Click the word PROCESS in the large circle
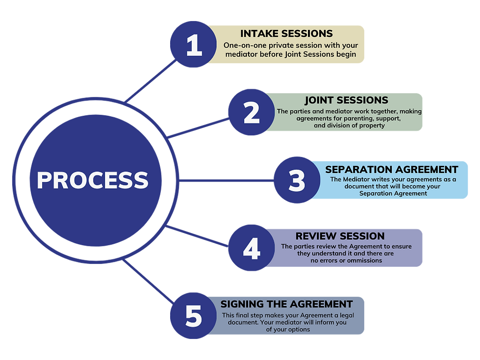[x=93, y=180]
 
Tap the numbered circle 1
[x=193, y=45]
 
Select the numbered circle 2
[x=251, y=112]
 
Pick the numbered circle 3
[x=297, y=180]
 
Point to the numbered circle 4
[x=251, y=248]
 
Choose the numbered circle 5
[x=193, y=316]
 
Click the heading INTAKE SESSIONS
[x=286, y=34]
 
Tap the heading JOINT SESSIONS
[x=346, y=101]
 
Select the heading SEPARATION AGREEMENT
[x=391, y=169]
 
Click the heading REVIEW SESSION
[x=340, y=236]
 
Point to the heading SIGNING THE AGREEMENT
[x=286, y=304]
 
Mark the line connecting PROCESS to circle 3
[x=226, y=180]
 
